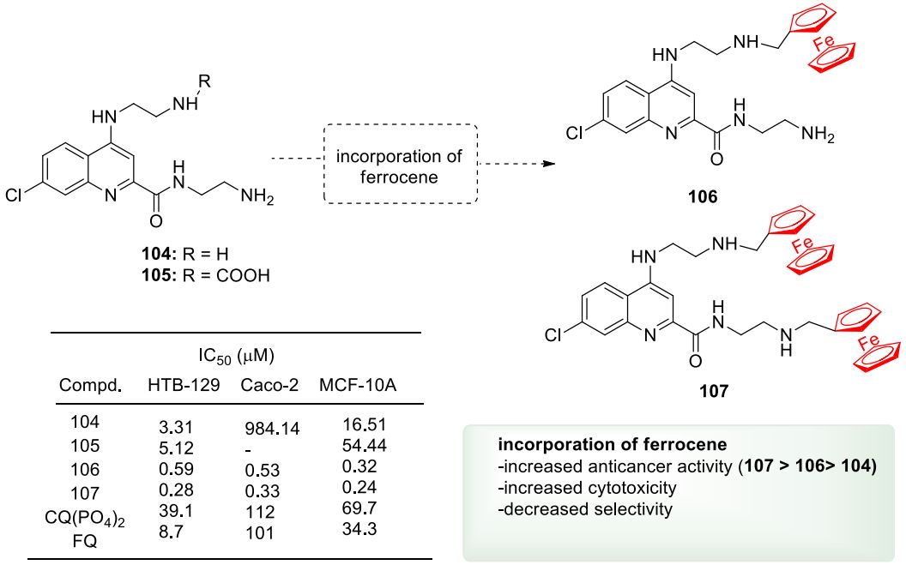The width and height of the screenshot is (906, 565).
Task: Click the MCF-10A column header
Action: coord(355,386)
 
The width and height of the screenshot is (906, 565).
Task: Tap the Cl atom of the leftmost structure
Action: coord(15,195)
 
